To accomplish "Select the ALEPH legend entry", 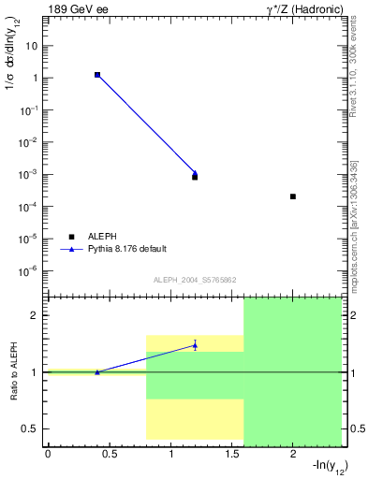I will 103,237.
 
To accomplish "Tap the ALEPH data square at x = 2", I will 293,196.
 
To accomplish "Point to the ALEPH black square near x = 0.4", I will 97,74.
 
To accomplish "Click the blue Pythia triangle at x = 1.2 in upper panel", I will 195,173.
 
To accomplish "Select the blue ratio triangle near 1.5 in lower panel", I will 195,345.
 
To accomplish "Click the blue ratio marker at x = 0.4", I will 97,372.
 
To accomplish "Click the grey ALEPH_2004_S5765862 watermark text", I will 194,280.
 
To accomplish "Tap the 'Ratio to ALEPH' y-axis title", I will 15,371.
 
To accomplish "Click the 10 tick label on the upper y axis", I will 32,46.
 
